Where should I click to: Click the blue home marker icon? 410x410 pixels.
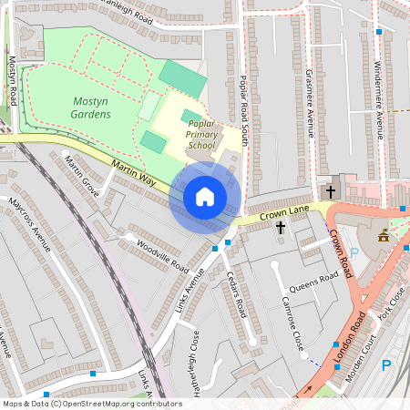point(205,197)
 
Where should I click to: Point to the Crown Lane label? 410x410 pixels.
point(280,213)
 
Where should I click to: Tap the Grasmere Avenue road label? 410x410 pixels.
point(309,102)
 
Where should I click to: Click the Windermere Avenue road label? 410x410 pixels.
point(378,96)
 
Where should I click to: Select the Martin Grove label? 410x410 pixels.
point(82,175)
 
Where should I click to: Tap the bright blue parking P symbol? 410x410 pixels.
point(385,365)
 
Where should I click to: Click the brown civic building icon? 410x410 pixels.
point(383,236)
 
